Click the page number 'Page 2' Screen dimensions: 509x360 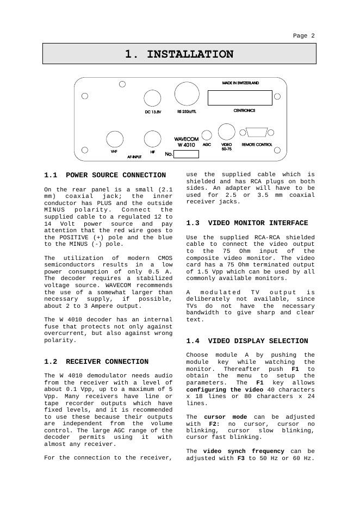click(303, 36)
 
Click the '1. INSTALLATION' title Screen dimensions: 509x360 click(179, 54)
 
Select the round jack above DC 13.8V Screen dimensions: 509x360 click(152, 98)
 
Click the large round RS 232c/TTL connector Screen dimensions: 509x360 click(187, 94)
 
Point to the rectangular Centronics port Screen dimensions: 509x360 click(239, 98)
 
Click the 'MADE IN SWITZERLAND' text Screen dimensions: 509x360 click(240, 83)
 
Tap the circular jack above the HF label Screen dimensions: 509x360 click(152, 139)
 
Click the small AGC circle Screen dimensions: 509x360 click(207, 135)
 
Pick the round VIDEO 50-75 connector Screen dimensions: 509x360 click(226, 132)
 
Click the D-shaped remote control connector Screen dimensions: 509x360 click(257, 132)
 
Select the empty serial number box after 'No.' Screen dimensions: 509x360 click(186, 154)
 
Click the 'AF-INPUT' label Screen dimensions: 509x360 click(135, 156)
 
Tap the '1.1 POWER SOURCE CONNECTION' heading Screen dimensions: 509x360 click(105, 175)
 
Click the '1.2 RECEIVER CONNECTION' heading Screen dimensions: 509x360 click(96, 362)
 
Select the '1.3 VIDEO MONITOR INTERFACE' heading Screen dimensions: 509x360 click(247, 223)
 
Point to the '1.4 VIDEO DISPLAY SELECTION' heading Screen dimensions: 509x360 click(247, 341)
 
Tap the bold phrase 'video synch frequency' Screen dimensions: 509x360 click(244, 451)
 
